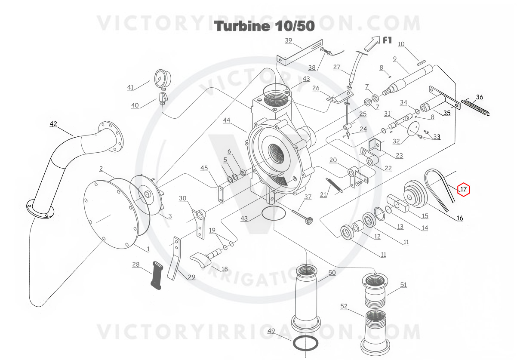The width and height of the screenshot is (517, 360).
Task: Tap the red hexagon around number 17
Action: pyautogui.click(x=464, y=189)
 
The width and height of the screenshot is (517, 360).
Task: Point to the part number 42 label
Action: pyautogui.click(x=53, y=124)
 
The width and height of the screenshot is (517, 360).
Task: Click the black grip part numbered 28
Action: pyautogui.click(x=157, y=275)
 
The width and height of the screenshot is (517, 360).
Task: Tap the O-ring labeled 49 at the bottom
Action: pyautogui.click(x=305, y=344)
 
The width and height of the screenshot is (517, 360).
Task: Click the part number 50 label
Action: pyautogui.click(x=332, y=273)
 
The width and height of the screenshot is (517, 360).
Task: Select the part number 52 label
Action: pyautogui.click(x=344, y=306)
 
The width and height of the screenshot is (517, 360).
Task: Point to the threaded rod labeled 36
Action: pyautogui.click(x=475, y=107)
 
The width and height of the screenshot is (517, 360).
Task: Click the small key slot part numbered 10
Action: pyautogui.click(x=422, y=62)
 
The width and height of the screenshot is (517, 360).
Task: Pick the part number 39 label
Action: pyautogui.click(x=288, y=40)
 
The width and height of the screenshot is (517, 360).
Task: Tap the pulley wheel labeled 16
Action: pyautogui.click(x=415, y=194)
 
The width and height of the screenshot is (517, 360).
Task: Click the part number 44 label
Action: pyautogui.click(x=227, y=120)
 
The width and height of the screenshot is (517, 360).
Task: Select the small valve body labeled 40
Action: pyautogui.click(x=163, y=98)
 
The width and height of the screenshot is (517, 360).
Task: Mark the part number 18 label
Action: pyautogui.click(x=225, y=269)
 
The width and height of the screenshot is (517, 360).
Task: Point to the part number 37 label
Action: pyautogui.click(x=308, y=197)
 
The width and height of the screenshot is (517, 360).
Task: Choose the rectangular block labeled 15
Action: pyautogui.click(x=398, y=203)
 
